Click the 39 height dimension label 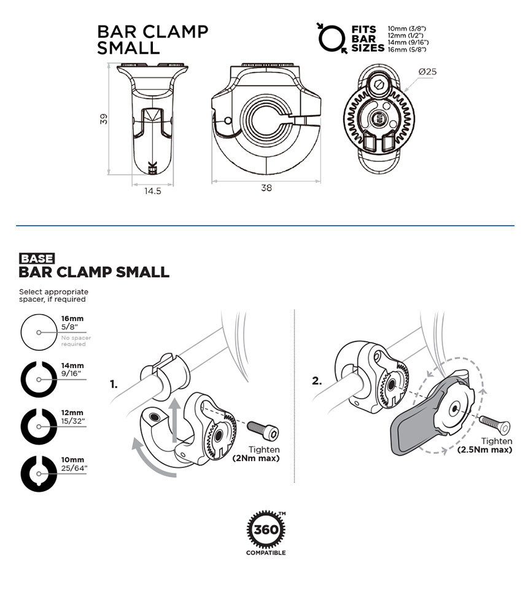coord(104,118)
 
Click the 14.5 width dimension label coord(153,191)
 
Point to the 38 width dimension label coord(266,188)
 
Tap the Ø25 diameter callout coord(427,72)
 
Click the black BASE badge coord(37,259)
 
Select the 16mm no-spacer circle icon coord(39,332)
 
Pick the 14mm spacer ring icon coord(39,379)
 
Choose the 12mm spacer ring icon coord(39,426)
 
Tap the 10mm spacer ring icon coord(39,473)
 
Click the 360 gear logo coord(266,530)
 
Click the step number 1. coord(114,385)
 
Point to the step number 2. coord(317,381)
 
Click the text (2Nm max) coord(256,458)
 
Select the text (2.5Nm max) coord(484,450)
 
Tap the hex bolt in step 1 coord(263,430)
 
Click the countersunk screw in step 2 coord(495,425)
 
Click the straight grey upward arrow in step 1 coord(174,420)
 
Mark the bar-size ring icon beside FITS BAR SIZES coord(332,38)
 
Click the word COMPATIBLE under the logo coord(266,553)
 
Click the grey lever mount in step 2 coord(432,414)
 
